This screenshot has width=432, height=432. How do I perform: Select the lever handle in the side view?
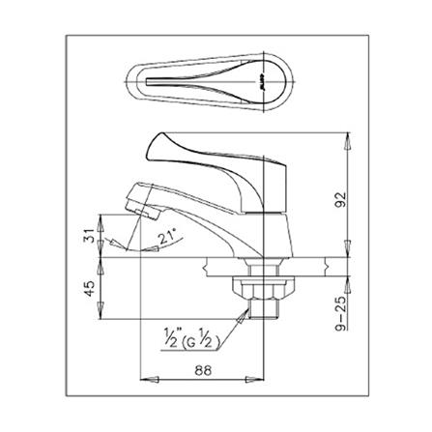pyautogui.click(x=213, y=155)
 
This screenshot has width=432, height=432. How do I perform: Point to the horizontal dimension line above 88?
pyautogui.click(x=203, y=377)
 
